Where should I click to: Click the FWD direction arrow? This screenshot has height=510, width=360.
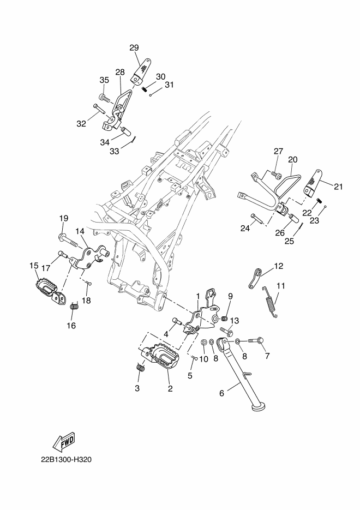64,443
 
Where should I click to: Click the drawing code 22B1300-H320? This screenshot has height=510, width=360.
66,460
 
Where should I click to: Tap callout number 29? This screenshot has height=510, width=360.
134,48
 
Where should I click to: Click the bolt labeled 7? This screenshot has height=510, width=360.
256,341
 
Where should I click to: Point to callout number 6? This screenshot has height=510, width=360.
222,393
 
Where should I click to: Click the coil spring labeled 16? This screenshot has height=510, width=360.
75,307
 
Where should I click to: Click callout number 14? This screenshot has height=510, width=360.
80,231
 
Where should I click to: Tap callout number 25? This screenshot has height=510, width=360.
289,241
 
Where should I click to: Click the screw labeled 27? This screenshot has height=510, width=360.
277,175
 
